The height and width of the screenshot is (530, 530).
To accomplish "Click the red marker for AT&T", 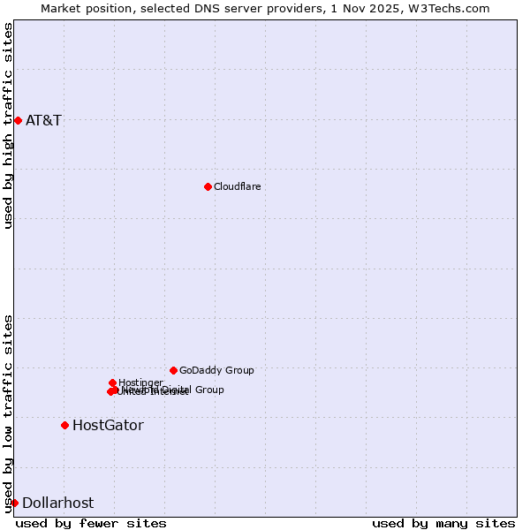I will click(x=18, y=120).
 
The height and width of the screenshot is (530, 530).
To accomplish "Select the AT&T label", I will click(x=43, y=120).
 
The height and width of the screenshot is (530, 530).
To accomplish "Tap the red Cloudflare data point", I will click(x=208, y=186).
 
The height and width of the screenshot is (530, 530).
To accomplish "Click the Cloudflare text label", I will click(x=237, y=186).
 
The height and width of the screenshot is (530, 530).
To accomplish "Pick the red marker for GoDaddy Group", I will click(x=173, y=370).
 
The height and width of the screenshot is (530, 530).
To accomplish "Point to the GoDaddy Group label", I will click(x=216, y=370).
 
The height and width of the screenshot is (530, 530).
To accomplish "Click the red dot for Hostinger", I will click(x=112, y=382).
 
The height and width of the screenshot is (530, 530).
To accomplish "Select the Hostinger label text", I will click(x=140, y=382).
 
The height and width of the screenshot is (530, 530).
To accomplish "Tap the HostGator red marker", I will click(x=64, y=425).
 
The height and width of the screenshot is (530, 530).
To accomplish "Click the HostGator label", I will click(x=108, y=425).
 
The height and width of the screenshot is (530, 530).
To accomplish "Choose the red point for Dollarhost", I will click(x=14, y=503).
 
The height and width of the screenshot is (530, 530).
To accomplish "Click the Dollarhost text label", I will click(x=57, y=503).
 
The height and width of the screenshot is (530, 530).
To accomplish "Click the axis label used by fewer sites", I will click(x=91, y=523).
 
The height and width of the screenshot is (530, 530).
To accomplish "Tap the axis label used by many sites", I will click(x=443, y=523).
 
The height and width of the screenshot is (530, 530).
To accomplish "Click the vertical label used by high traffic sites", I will click(x=8, y=125).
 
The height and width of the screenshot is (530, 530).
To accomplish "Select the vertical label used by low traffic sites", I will click(x=8, y=413).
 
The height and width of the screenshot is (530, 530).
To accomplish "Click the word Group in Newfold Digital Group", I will click(x=207, y=390).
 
